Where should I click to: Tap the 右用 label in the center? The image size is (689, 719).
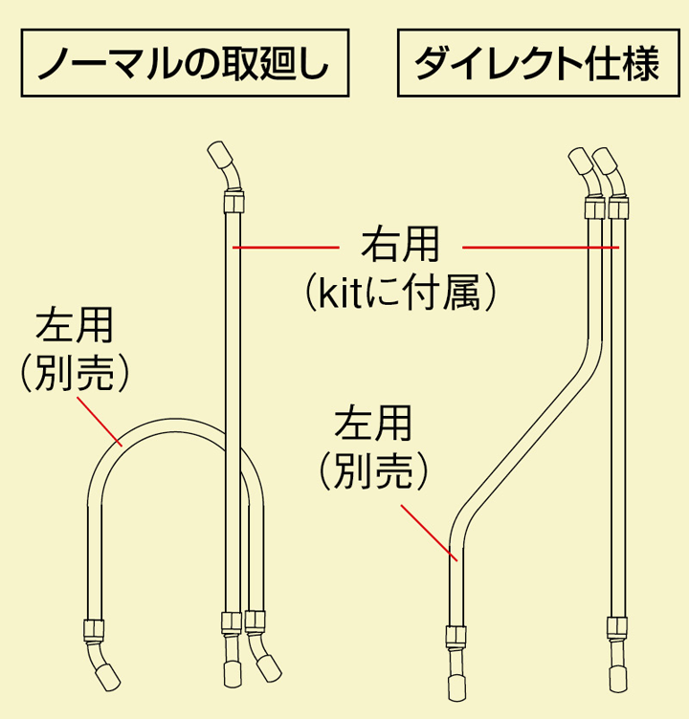(400, 245)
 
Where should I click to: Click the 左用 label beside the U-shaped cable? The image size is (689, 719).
(75, 326)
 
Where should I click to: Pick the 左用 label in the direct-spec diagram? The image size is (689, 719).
(373, 422)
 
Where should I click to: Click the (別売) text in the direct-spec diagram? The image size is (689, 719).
(373, 468)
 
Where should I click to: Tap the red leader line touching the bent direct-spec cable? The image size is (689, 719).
(428, 530)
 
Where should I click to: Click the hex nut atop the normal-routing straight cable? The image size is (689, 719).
(233, 202)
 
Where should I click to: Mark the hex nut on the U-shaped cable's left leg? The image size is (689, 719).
(93, 630)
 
